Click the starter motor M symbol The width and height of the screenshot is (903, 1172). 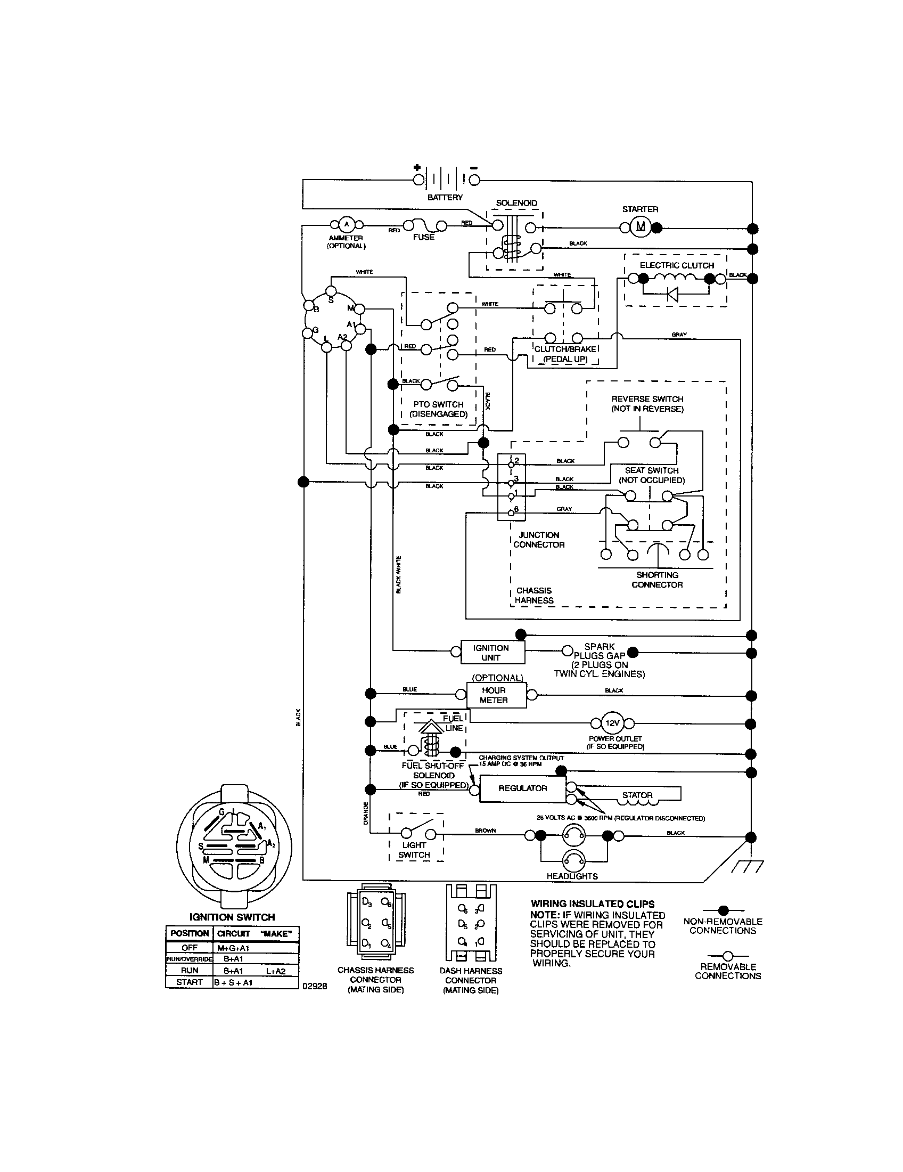point(641,227)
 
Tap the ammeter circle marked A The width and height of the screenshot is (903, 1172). point(346,224)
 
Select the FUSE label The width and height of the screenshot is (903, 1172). point(423,237)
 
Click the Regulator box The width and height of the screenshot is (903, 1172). point(522,788)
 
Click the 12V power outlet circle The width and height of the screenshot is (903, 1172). point(612,723)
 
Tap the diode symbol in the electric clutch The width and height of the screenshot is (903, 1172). point(672,294)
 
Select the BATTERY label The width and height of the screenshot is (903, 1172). point(445,198)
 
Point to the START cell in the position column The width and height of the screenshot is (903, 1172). point(190,982)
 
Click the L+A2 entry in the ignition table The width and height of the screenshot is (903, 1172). point(276,971)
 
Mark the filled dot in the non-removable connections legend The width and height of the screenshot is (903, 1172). point(723,910)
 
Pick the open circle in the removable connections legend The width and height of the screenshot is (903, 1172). point(728,956)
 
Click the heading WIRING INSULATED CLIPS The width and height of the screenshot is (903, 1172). point(593,904)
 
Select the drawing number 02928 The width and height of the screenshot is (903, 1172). point(315,986)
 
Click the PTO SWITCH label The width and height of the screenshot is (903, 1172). point(438,405)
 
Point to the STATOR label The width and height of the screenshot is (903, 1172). point(637,795)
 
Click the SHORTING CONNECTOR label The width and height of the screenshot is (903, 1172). point(657,580)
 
